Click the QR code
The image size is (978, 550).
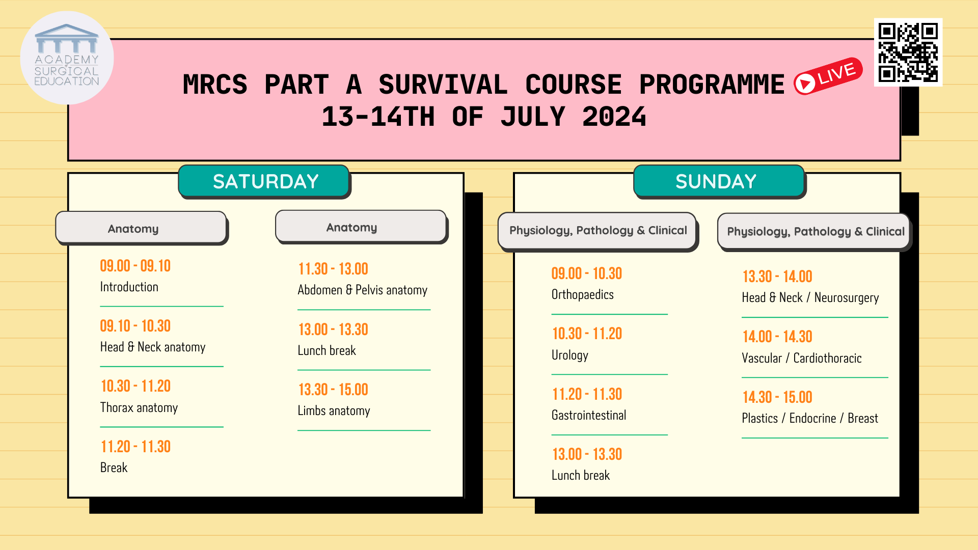tap(908, 52)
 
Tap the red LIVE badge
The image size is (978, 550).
tap(828, 76)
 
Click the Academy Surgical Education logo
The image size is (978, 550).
tap(67, 58)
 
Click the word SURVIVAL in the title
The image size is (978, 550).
tap(443, 85)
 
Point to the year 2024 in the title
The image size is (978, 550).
tap(614, 117)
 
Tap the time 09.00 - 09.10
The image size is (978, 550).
tap(135, 266)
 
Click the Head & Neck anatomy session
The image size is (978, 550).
tap(153, 347)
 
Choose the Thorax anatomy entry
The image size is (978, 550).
tap(139, 407)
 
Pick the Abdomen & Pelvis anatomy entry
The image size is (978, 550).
tap(362, 290)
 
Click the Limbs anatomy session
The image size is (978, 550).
tap(334, 411)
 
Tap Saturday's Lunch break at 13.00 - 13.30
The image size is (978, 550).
tap(327, 351)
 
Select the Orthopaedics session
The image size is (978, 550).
tap(582, 295)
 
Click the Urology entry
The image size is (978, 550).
tap(569, 355)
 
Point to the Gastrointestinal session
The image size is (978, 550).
tap(588, 416)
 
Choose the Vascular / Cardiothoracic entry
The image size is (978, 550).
tap(801, 359)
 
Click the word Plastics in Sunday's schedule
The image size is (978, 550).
tap(759, 419)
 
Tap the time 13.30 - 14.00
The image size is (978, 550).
tap(777, 277)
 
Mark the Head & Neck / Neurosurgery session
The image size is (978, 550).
tap(810, 298)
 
